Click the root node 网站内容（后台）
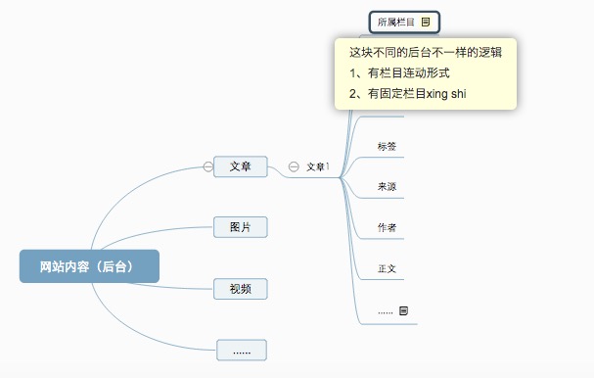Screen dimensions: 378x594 pos(89,266)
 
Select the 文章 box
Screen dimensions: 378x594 pos(241,166)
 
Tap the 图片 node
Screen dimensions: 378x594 pos(241,227)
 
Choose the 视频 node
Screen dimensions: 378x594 pos(241,288)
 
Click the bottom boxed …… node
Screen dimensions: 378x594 pos(241,350)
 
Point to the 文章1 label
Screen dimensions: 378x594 pos(317,167)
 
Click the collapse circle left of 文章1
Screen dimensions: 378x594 pos(294,167)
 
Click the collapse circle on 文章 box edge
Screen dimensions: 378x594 pos(207,166)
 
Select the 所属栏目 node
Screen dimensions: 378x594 pos(395,22)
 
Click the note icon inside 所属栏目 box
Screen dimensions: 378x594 pos(426,22)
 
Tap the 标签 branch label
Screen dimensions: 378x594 pos(387,147)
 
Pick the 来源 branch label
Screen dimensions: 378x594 pos(387,187)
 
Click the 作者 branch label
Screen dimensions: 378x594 pos(387,227)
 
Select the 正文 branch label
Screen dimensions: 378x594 pos(387,268)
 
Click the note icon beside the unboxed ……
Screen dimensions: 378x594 pos(403,310)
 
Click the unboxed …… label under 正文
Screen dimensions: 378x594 pos(385,311)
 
